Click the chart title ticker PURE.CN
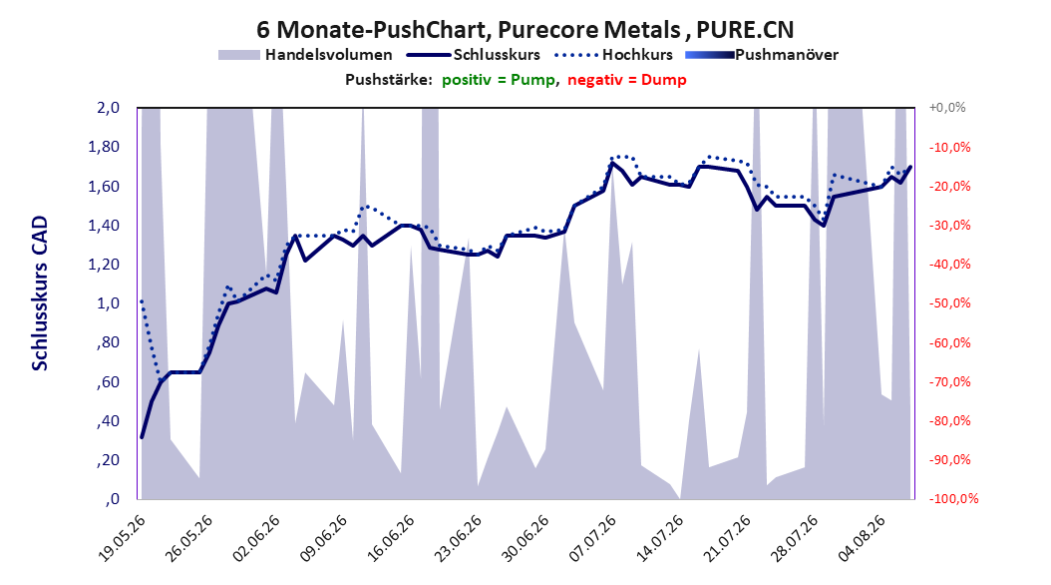(745, 30)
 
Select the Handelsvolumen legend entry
(306, 55)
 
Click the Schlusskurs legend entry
(474, 55)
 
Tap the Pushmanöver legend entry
(762, 55)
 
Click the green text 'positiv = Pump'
(498, 80)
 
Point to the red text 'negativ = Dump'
(627, 80)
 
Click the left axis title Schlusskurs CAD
(40, 293)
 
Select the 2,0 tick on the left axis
(108, 108)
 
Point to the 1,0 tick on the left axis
(108, 303)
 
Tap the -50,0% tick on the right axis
(949, 303)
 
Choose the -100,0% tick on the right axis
(953, 499)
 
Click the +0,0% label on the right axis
(947, 108)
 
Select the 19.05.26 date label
(122, 538)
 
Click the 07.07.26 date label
(592, 538)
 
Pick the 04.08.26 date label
(862, 538)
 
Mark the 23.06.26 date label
(458, 538)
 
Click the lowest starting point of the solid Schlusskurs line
(142, 437)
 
